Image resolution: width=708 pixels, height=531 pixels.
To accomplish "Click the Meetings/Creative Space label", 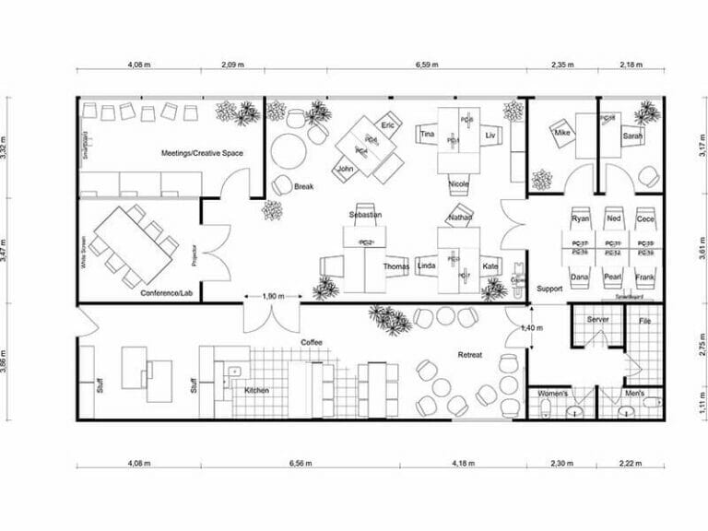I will click(x=202, y=152).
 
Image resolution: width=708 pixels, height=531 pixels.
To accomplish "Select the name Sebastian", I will click(x=365, y=215).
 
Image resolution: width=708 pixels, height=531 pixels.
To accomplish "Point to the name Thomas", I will click(x=395, y=266).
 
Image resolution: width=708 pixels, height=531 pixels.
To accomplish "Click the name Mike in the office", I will click(x=562, y=134).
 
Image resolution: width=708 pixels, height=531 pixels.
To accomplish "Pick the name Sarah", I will click(x=631, y=136).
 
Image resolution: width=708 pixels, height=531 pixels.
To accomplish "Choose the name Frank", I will click(x=646, y=276).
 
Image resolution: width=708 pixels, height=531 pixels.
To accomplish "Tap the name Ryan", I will click(x=580, y=219).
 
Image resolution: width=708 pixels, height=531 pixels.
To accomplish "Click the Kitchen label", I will click(x=256, y=391).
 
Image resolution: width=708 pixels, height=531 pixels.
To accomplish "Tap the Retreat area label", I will click(x=471, y=354).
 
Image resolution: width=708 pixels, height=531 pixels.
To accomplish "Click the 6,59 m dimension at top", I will click(x=427, y=65).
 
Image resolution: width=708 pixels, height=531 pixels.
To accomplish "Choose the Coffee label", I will click(x=311, y=342).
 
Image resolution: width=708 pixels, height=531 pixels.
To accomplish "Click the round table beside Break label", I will click(x=287, y=148).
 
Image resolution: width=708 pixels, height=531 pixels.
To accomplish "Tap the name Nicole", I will click(x=458, y=184).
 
